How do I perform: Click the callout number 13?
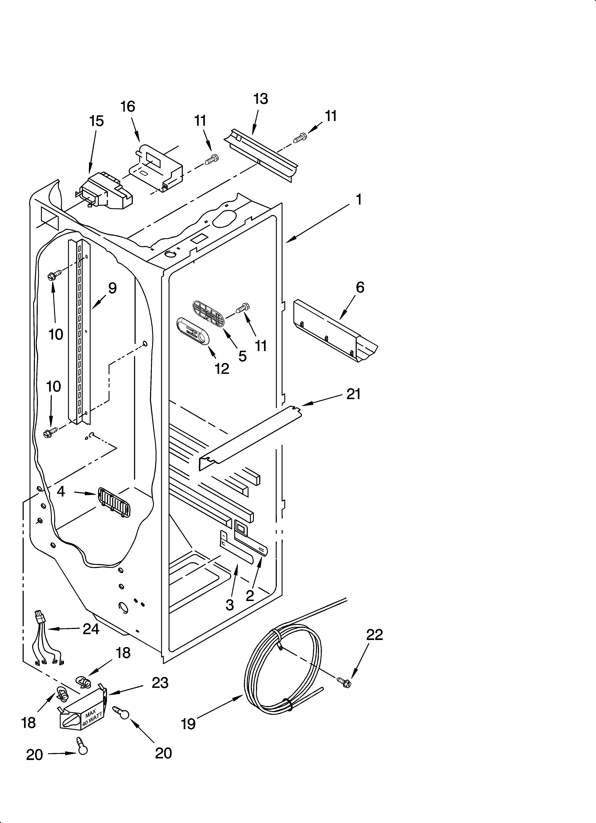tap(261, 99)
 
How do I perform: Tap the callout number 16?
tap(128, 107)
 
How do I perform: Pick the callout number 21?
tap(353, 394)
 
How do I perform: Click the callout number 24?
tap(91, 629)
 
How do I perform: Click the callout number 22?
tap(375, 635)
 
